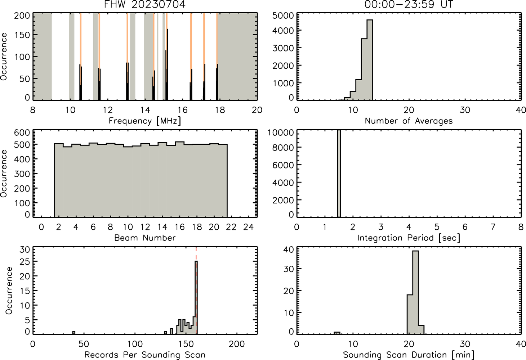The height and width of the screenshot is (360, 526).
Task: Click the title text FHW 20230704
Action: [145, 4]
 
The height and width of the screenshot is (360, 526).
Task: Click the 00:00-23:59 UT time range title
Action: [409, 4]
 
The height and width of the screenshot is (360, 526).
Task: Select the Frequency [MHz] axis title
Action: [145, 121]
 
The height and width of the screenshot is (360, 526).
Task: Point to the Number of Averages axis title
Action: [409, 121]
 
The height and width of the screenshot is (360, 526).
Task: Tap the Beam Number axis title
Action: [145, 238]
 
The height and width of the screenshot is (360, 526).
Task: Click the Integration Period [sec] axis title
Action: [409, 238]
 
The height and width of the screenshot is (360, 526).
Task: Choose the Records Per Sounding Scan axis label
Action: [145, 355]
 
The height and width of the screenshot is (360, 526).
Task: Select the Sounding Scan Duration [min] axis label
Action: [409, 355]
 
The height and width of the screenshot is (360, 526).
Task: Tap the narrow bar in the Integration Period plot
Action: [339, 173]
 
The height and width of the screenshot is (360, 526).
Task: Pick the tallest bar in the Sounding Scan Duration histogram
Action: [415, 292]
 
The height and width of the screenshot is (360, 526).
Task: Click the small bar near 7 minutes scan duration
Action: [337, 333]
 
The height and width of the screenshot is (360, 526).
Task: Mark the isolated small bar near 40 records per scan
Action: [74, 333]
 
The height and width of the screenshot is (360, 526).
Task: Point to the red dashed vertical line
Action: [196, 290]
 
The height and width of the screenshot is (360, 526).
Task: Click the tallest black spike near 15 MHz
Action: [167, 64]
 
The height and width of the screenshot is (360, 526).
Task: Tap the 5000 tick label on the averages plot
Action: [283, 16]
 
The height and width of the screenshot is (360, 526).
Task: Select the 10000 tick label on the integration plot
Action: [281, 132]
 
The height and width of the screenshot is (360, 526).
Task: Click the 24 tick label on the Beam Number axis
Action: [249, 227]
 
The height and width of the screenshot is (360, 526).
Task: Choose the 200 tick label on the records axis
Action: [237, 344]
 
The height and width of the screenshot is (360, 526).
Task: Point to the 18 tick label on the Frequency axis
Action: [220, 110]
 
